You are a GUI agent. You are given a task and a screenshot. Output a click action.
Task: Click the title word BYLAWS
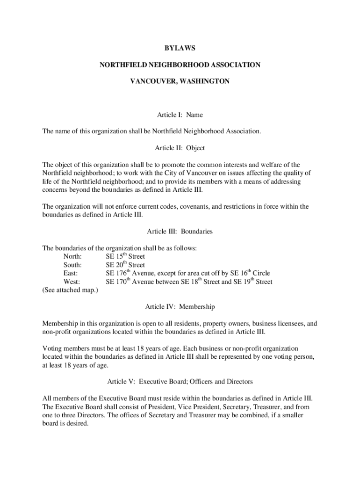[180, 48]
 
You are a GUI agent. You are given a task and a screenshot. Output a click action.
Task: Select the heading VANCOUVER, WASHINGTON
[180, 81]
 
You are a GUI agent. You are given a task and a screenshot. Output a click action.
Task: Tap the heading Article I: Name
[180, 115]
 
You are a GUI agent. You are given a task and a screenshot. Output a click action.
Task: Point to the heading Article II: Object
[180, 148]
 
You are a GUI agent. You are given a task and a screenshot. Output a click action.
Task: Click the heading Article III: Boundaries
[180, 231]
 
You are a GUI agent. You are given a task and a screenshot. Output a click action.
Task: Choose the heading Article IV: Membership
[180, 307]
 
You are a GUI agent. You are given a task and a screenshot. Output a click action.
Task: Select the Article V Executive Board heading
[180, 382]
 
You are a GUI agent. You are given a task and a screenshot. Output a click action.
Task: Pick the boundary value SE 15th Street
[125, 256]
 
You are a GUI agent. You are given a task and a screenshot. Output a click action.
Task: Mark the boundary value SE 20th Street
[125, 265]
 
